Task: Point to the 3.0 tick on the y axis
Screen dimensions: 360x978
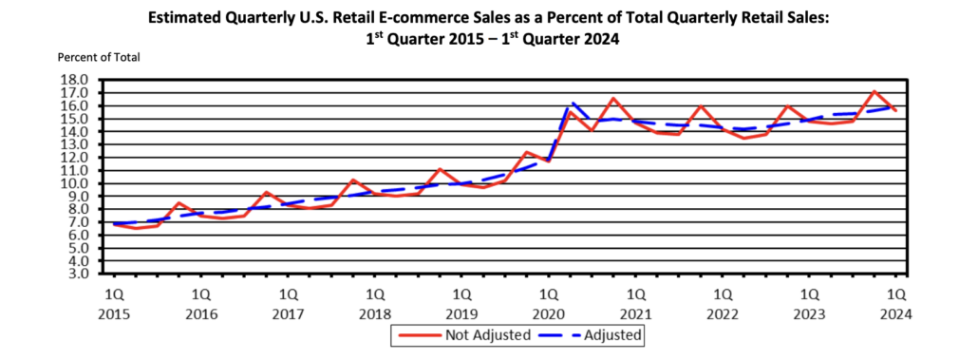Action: [x=78, y=274]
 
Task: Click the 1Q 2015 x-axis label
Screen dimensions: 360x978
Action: [x=114, y=303]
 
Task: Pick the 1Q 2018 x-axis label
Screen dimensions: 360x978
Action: [x=375, y=303]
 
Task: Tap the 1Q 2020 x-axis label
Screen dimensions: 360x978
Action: [x=548, y=303]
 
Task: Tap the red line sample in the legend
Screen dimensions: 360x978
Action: [x=418, y=334]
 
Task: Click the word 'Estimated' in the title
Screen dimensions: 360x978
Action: [x=183, y=17]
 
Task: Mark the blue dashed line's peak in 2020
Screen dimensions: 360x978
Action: [x=573, y=103]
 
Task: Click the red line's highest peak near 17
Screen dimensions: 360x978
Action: [x=875, y=91]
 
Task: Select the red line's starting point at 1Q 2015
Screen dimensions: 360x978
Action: [x=115, y=223]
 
